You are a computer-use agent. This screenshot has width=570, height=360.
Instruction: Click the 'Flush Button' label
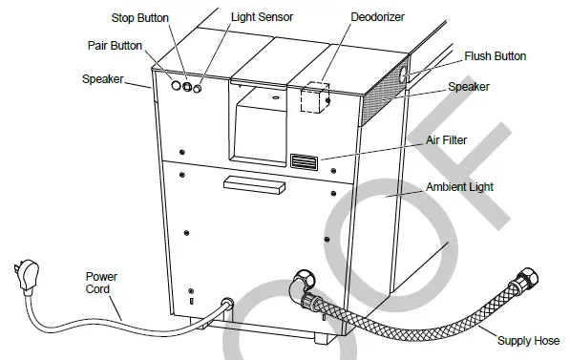tap(495, 56)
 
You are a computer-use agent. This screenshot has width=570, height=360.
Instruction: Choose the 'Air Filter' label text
tap(446, 139)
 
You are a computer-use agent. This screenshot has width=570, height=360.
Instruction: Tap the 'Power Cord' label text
tap(101, 284)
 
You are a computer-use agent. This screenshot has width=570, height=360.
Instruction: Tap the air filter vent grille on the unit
tap(303, 161)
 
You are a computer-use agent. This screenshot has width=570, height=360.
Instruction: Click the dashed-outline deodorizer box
tap(312, 98)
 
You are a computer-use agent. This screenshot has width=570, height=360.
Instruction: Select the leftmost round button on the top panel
tap(175, 84)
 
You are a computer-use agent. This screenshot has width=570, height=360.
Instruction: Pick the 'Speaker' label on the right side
tap(469, 87)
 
